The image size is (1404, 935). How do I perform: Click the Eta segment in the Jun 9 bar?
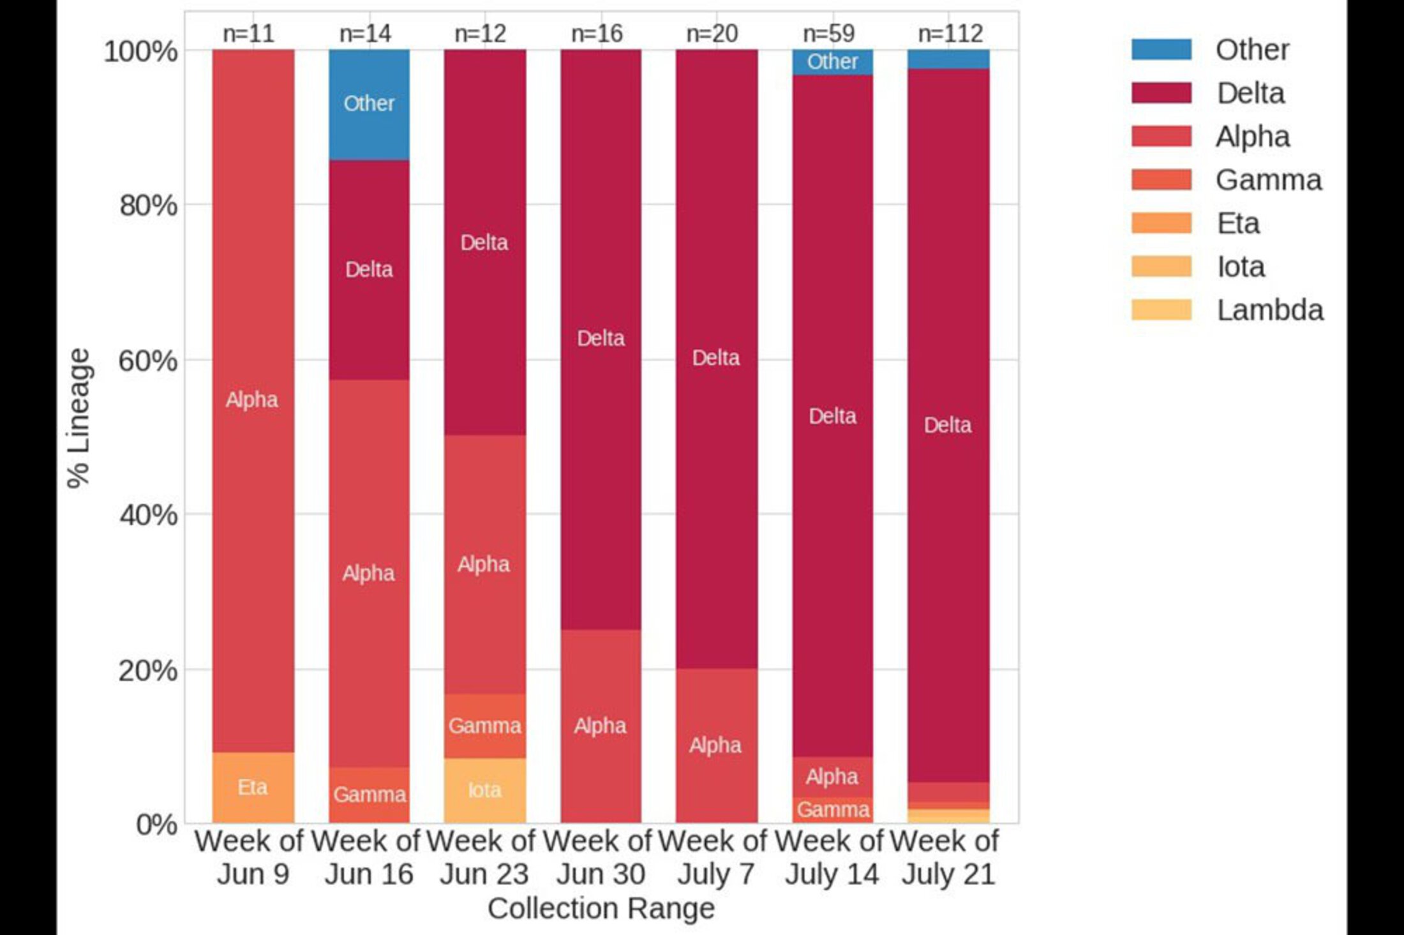(x=253, y=788)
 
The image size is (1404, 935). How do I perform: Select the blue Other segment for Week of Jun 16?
(x=369, y=104)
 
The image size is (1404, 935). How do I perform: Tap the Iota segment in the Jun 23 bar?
(x=485, y=791)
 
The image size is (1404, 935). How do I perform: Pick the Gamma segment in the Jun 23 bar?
(x=485, y=726)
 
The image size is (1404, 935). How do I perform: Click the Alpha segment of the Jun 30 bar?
(x=601, y=726)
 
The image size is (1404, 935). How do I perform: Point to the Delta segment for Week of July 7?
(x=716, y=357)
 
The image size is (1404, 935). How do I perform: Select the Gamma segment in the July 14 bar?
(x=832, y=810)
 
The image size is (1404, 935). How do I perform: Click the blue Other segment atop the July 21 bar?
(x=948, y=59)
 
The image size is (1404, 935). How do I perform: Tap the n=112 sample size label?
(x=950, y=33)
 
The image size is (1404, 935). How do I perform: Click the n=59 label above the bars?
(x=828, y=33)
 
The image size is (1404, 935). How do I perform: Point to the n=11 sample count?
(x=248, y=33)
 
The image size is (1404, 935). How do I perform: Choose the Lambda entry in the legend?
(x=1270, y=310)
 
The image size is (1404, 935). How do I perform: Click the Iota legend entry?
(x=1241, y=267)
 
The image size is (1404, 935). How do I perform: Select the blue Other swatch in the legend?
(x=1161, y=50)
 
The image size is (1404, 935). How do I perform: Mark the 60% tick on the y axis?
(x=147, y=361)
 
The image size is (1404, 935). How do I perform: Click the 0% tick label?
(x=156, y=825)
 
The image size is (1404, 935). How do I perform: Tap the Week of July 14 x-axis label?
(x=831, y=857)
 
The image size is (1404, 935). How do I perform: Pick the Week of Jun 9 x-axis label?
(x=251, y=857)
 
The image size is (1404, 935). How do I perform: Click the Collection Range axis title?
(x=601, y=908)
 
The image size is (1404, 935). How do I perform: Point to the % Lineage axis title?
(x=79, y=418)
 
